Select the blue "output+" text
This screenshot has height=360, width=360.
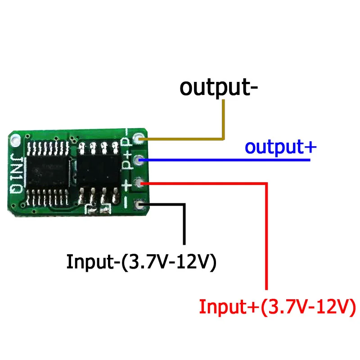[280, 148]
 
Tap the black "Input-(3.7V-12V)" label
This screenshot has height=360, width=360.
[141, 262]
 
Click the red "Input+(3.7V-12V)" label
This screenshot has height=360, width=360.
[278, 307]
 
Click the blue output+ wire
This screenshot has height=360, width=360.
[225, 160]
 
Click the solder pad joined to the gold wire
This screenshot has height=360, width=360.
[139, 139]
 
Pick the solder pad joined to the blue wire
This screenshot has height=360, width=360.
[139, 160]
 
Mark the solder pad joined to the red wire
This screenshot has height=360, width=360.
[139, 183]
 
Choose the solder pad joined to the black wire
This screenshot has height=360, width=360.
[139, 205]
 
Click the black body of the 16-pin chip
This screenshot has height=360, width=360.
[48, 171]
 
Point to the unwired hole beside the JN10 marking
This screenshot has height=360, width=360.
[16, 140]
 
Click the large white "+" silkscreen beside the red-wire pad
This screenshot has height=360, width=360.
[126, 185]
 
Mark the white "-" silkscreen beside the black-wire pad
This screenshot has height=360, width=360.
[126, 202]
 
